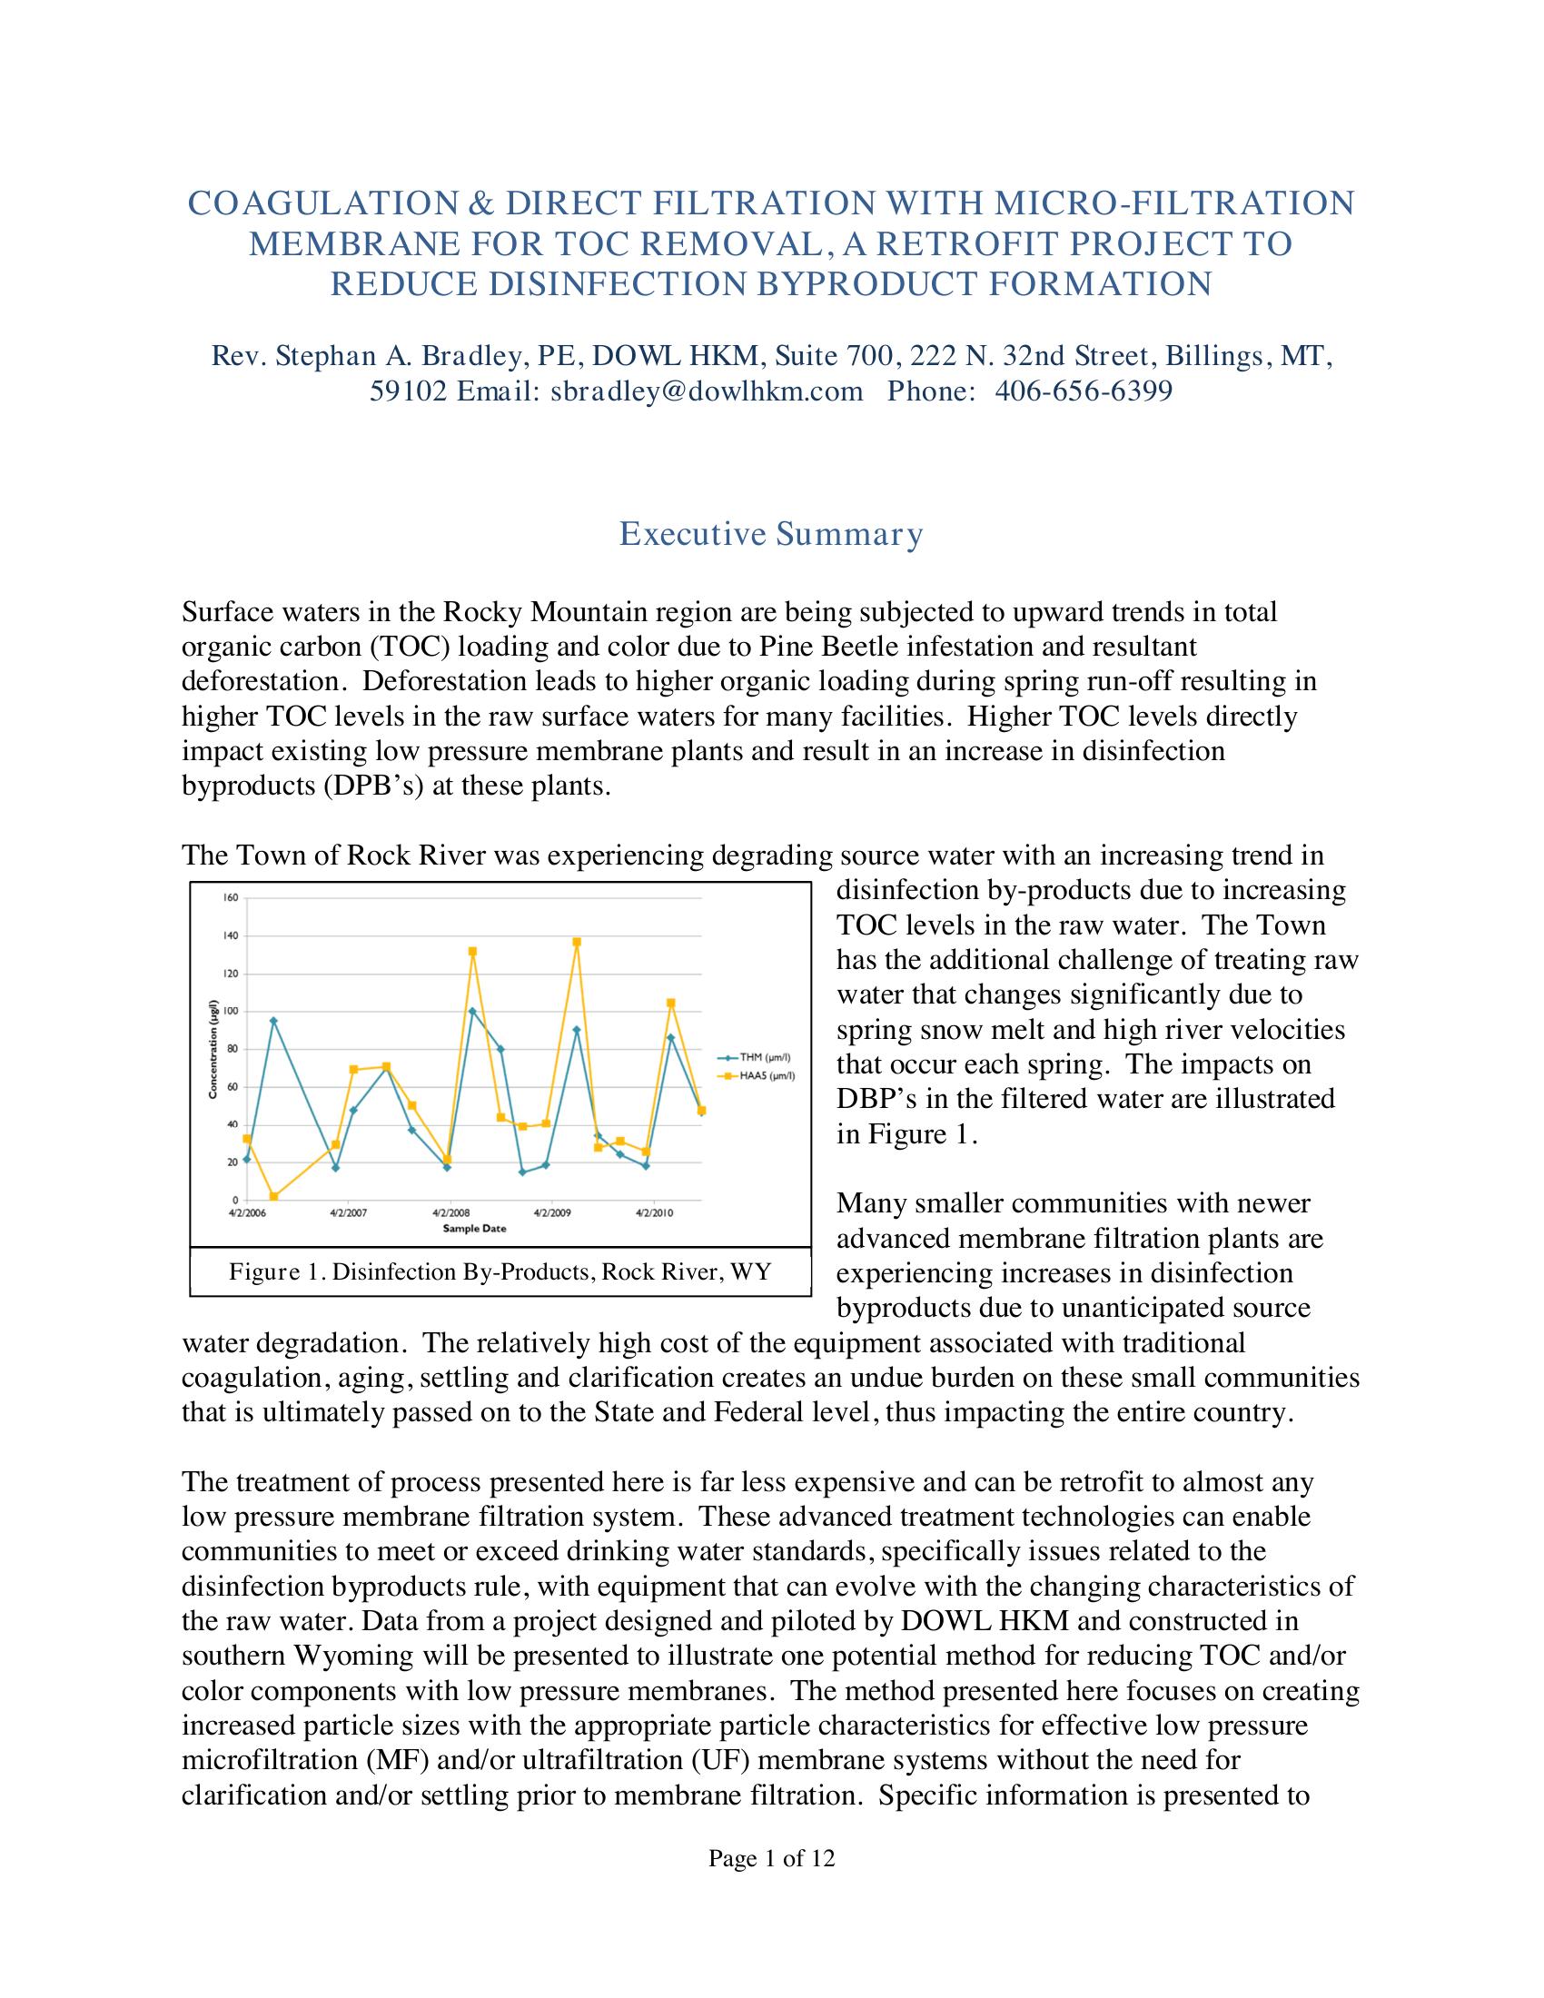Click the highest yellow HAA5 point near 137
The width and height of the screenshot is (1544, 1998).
click(x=576, y=942)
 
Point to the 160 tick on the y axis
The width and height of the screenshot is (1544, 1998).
click(x=231, y=897)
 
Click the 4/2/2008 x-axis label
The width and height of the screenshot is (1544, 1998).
click(x=451, y=1213)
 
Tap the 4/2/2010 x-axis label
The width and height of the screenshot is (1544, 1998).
click(x=655, y=1213)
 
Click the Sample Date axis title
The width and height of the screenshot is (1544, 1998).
click(x=475, y=1228)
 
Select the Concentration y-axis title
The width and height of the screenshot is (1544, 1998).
click(x=213, y=1048)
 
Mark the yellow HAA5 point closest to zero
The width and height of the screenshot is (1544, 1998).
click(x=273, y=1197)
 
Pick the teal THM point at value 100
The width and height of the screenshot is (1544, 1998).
click(x=472, y=1011)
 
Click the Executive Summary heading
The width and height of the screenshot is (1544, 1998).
click(x=771, y=533)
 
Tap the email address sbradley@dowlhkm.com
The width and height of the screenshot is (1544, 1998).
click(x=706, y=391)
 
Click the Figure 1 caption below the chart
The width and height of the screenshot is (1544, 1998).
click(x=500, y=1271)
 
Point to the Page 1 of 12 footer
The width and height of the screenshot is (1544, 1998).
click(x=771, y=1858)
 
